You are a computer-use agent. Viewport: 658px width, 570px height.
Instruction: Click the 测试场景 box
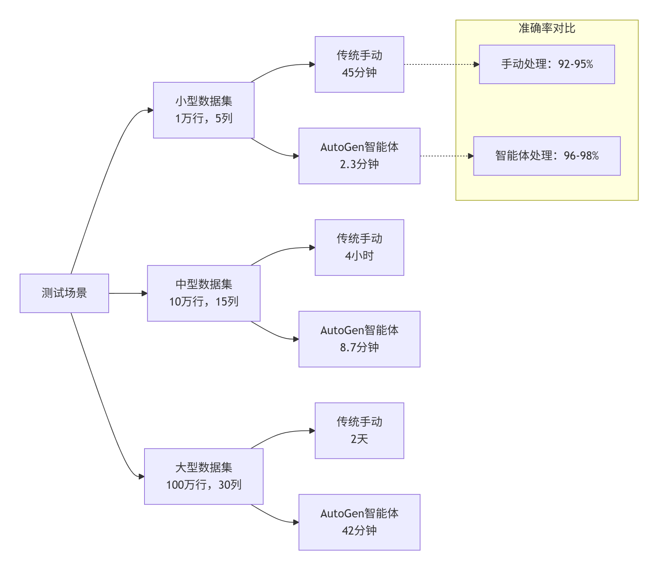pyautogui.click(x=64, y=293)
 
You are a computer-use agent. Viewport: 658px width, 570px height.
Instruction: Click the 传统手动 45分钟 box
pyautogui.click(x=359, y=64)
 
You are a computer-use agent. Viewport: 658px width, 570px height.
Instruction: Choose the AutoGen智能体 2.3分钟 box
pyautogui.click(x=359, y=156)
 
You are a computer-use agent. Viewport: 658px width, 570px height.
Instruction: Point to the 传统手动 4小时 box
pyautogui.click(x=359, y=247)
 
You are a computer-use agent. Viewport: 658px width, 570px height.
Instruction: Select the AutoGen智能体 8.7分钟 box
pyautogui.click(x=359, y=339)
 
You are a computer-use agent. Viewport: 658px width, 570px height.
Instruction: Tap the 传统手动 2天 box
pyautogui.click(x=359, y=430)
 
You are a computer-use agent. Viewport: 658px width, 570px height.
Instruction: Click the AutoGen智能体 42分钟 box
pyautogui.click(x=359, y=522)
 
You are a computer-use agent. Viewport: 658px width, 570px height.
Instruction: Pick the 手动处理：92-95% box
pyautogui.click(x=547, y=64)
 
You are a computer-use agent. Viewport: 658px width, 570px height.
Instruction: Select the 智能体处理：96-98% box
pyautogui.click(x=547, y=156)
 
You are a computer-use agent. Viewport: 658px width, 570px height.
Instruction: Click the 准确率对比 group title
pyautogui.click(x=547, y=28)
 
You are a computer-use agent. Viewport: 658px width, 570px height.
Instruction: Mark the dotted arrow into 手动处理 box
pyautogui.click(x=442, y=64)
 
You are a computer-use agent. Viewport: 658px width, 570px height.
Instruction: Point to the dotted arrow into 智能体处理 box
pyautogui.click(x=447, y=156)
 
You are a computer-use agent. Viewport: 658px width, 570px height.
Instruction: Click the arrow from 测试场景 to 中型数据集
pyautogui.click(x=128, y=293)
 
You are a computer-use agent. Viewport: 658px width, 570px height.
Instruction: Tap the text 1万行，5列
pyautogui.click(x=203, y=118)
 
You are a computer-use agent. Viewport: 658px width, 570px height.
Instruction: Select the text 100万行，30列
pyautogui.click(x=203, y=485)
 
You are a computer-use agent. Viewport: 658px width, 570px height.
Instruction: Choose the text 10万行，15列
pyautogui.click(x=203, y=302)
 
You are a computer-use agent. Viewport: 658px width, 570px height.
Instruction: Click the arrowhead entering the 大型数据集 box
pyautogui.click(x=142, y=477)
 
